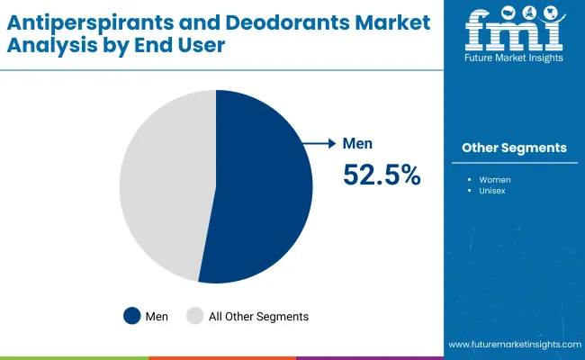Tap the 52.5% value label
pos(382,175)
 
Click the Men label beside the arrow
pos(357,143)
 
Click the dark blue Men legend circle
pos(133,316)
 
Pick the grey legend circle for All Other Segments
pos(194,316)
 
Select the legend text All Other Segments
pos(258,316)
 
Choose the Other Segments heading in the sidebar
pos(514,148)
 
